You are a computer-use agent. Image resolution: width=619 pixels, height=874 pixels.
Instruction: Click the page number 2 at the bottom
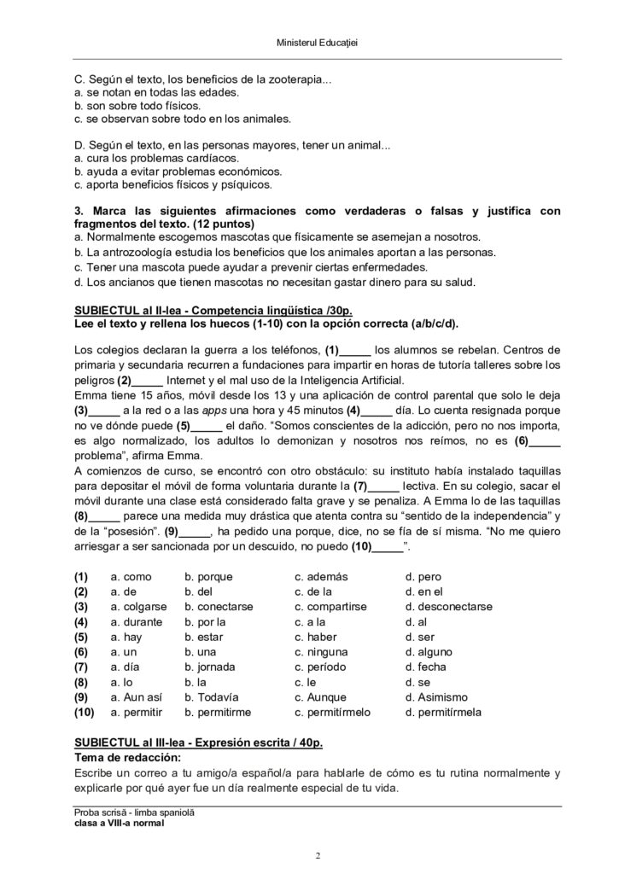tap(318, 855)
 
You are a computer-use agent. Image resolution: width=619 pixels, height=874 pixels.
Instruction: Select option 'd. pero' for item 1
tap(423, 577)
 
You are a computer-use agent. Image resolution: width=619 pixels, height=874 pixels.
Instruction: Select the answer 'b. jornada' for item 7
tap(209, 667)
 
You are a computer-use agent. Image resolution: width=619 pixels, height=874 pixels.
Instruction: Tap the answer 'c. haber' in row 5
tap(316, 637)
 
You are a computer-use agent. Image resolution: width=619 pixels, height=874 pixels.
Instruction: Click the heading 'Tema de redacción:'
tap(127, 758)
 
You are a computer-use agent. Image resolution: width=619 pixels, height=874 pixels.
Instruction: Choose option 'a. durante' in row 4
tap(131, 621)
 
